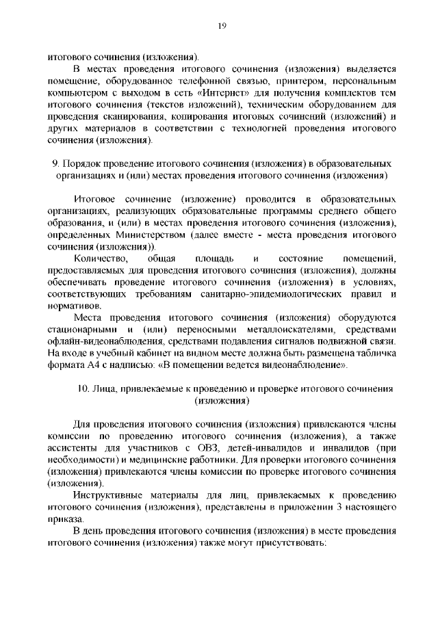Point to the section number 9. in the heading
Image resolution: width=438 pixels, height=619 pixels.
click(x=55, y=164)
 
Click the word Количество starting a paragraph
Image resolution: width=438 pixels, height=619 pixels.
click(x=101, y=259)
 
